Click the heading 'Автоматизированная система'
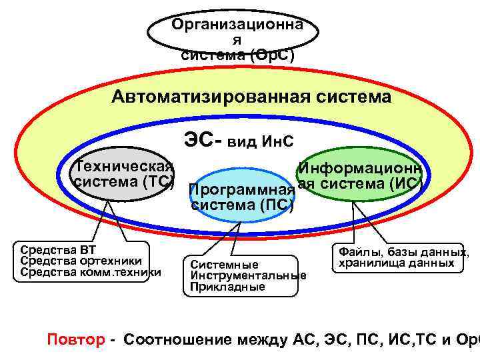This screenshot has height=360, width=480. pyautogui.click(x=251, y=97)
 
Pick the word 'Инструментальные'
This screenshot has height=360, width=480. pyautogui.click(x=248, y=275)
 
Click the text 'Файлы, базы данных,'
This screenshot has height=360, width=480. pyautogui.click(x=404, y=253)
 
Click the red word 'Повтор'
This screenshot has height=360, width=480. pyautogui.click(x=76, y=339)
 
